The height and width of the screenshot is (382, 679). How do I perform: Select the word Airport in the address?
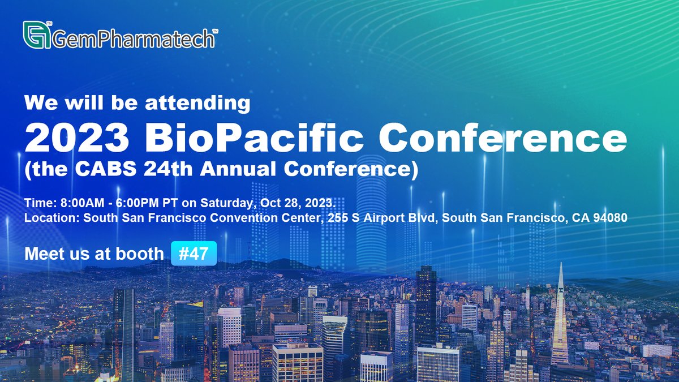tap(379, 218)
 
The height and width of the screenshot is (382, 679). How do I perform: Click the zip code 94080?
tap(611, 218)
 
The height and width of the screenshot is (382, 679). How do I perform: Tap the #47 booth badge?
tap(194, 254)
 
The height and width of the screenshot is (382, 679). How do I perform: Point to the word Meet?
tap(43, 254)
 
